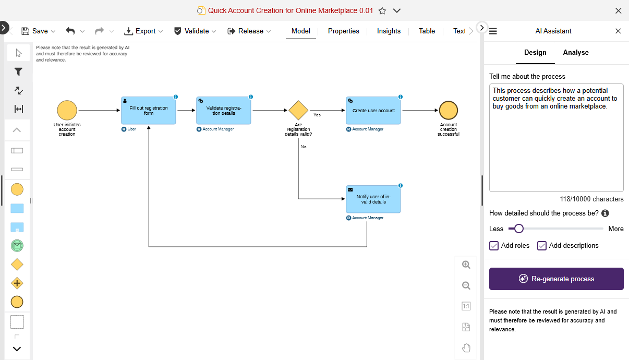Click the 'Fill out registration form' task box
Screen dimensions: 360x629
(149, 111)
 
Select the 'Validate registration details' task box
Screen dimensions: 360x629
(224, 111)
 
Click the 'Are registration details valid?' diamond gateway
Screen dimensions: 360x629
(298, 111)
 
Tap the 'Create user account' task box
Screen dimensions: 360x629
(373, 111)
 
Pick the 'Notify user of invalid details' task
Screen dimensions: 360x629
(373, 199)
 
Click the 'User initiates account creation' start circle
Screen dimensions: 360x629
(67, 111)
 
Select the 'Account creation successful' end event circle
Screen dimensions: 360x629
(448, 111)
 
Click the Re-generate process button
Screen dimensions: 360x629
(556, 279)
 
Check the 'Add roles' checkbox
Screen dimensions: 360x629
(494, 246)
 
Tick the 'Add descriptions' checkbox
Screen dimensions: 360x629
(542, 246)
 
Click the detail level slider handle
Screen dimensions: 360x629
(518, 229)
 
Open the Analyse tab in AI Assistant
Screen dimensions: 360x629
(575, 53)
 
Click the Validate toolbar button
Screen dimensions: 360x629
(191, 31)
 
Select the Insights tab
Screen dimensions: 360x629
(389, 31)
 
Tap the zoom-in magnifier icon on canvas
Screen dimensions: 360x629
(466, 265)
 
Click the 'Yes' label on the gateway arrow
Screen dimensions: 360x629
(317, 115)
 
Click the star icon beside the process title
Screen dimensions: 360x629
(382, 10)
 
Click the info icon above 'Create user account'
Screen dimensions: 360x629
(401, 97)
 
